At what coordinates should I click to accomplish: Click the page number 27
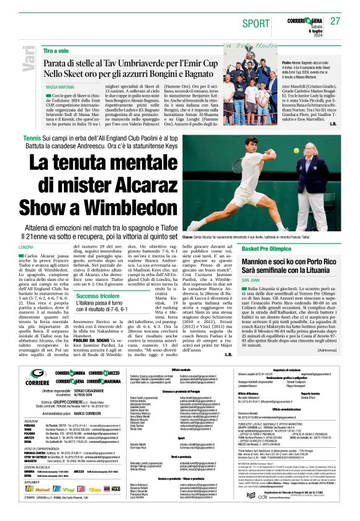(336, 20)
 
